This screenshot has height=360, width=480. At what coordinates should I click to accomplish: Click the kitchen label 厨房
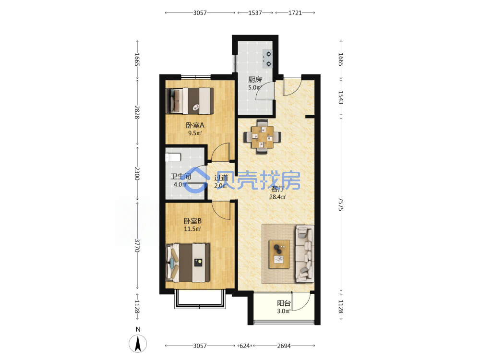[x=255, y=80]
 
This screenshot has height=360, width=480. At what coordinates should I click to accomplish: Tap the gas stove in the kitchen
[x=267, y=59]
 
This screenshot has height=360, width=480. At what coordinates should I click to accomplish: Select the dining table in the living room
[x=262, y=136]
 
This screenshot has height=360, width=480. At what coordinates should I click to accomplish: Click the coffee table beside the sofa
[x=279, y=254]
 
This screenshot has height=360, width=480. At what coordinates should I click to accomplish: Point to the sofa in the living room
[x=305, y=253]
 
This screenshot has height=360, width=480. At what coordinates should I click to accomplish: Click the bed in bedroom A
[x=190, y=101]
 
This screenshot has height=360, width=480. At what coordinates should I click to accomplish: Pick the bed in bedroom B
[x=188, y=263]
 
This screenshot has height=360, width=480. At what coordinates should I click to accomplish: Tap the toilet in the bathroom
[x=173, y=157]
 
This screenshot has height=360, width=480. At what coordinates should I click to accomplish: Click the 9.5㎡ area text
[x=195, y=133]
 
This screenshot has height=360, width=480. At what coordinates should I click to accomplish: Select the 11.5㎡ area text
[x=192, y=229]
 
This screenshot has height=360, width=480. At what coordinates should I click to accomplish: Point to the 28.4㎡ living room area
[x=277, y=197]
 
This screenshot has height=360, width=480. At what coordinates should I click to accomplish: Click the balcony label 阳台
[x=284, y=303]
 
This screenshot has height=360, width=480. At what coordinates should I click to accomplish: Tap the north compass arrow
[x=138, y=343]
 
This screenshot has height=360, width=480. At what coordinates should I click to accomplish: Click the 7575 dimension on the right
[x=341, y=204]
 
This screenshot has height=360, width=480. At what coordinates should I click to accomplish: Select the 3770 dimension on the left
[x=137, y=245]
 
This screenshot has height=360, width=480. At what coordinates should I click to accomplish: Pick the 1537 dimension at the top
[x=255, y=13]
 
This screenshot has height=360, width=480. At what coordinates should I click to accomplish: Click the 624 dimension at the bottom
[x=244, y=346]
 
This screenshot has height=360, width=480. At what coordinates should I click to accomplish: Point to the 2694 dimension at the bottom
[x=284, y=346]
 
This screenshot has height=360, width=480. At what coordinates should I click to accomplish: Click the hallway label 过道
[x=221, y=178]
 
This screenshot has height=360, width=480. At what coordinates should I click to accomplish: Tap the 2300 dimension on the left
[x=137, y=173]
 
